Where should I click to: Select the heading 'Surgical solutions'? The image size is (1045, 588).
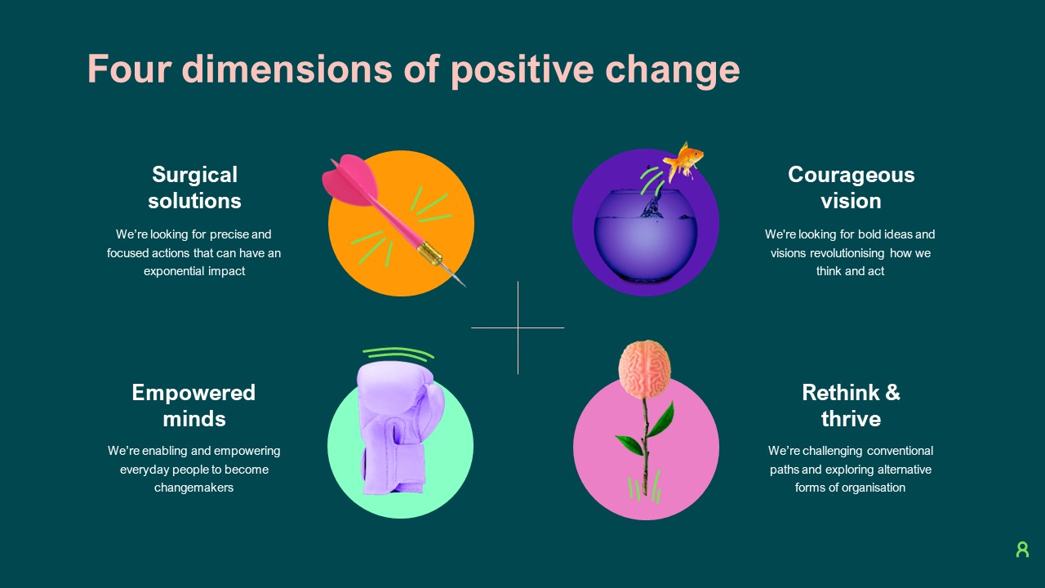pyautogui.click(x=195, y=188)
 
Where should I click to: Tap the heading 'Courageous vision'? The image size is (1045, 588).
pyautogui.click(x=851, y=188)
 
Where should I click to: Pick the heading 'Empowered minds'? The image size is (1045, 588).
pyautogui.click(x=193, y=406)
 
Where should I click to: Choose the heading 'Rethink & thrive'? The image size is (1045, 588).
pyautogui.click(x=851, y=406)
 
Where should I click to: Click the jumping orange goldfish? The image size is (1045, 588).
pyautogui.click(x=683, y=159)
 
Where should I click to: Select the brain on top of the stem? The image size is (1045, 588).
pyautogui.click(x=644, y=367)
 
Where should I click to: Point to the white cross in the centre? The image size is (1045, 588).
pyautogui.click(x=518, y=327)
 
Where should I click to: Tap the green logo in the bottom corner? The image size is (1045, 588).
pyautogui.click(x=1022, y=550)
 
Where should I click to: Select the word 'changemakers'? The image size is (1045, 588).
pyautogui.click(x=193, y=488)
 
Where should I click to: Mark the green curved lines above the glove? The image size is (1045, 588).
pyautogui.click(x=398, y=354)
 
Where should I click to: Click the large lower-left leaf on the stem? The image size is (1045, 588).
pyautogui.click(x=629, y=446)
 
